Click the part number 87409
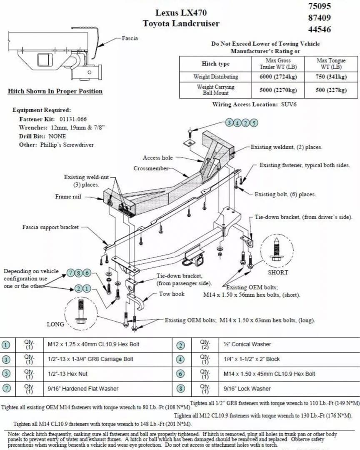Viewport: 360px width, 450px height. [320, 17]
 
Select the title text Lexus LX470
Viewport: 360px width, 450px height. [181, 13]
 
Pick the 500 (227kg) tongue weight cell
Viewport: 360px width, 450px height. [331, 90]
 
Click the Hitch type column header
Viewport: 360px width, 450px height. [215, 64]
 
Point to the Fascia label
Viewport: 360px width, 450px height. [130, 38]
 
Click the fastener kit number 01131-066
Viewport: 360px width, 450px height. [70, 119]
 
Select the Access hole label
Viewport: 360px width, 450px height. [157, 158]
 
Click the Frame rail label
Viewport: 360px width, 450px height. [68, 197]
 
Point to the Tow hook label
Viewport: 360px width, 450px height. [172, 294]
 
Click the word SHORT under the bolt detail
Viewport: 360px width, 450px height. [278, 272]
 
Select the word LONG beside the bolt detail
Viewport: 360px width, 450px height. [55, 324]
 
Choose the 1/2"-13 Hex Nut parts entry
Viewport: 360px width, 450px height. [67, 374]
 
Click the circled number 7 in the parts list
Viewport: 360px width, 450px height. [6, 389]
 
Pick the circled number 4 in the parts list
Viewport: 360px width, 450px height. [180, 359]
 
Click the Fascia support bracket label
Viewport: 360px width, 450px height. [50, 227]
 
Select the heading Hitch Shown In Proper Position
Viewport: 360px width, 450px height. [55, 91]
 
